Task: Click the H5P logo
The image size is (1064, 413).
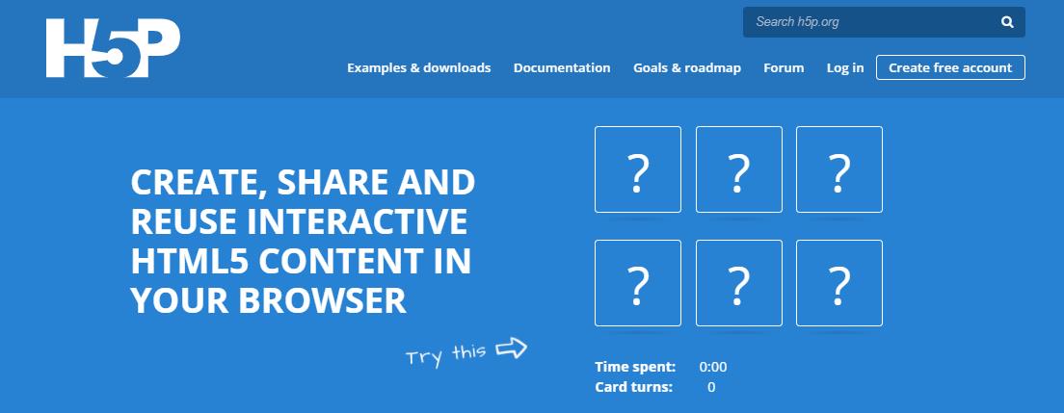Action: pos(113,47)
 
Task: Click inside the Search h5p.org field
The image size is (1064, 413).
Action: pos(868,22)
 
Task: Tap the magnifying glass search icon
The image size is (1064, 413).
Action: pos(1007,22)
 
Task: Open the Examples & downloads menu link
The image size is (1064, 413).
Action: pos(418,67)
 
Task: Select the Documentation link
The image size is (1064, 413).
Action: pos(562,67)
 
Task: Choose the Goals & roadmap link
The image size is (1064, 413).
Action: pos(687,67)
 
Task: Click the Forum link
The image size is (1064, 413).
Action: pos(784,67)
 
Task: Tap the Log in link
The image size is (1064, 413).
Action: pos(845,67)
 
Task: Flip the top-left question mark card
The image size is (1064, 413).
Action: pos(638,169)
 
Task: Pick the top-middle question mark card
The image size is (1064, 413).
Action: pos(739,169)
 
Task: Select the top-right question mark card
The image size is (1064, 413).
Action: pos(839,169)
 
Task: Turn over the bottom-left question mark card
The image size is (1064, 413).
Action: pos(638,283)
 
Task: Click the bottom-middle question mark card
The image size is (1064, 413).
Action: pos(739,283)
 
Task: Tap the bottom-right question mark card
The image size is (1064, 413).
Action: pos(839,283)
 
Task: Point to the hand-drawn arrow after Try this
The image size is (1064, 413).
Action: pos(511,348)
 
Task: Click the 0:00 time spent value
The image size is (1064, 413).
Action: pos(712,368)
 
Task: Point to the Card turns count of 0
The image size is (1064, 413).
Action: pos(711,388)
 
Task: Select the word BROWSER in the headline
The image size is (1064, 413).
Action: pos(322,300)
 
